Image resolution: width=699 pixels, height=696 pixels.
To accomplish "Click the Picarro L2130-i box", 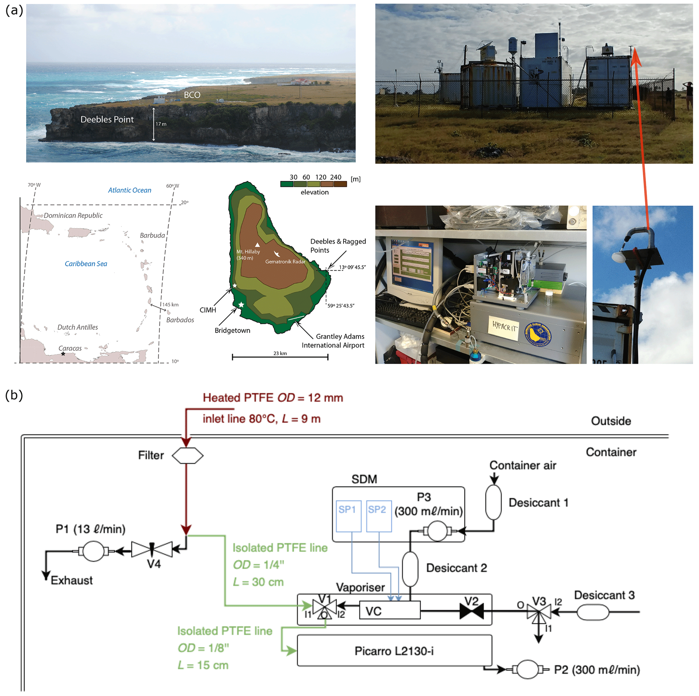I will click(x=394, y=651).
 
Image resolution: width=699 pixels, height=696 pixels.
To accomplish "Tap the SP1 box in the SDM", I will click(x=348, y=516).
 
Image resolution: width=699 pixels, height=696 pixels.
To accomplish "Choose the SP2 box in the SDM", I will click(x=379, y=516).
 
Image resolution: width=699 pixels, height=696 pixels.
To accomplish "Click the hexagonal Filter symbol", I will click(x=187, y=455).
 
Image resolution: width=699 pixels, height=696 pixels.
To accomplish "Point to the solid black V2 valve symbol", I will click(x=471, y=612).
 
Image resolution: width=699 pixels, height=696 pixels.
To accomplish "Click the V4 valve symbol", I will click(x=152, y=549).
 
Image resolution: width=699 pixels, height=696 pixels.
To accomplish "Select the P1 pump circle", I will click(x=93, y=551).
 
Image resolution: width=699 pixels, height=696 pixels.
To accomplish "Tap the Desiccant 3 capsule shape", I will click(x=592, y=612).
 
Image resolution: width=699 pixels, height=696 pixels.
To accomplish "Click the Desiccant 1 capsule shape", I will click(x=493, y=502).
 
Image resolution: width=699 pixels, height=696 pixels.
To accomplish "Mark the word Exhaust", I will click(x=72, y=580).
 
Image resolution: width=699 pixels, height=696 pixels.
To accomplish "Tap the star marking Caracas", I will click(x=63, y=354).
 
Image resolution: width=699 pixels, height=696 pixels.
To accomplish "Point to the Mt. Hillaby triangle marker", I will click(x=257, y=245).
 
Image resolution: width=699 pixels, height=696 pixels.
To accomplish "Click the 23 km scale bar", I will click(x=280, y=357).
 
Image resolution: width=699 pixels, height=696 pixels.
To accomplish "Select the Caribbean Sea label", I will click(x=86, y=264).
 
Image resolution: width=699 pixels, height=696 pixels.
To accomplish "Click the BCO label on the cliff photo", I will click(x=192, y=95).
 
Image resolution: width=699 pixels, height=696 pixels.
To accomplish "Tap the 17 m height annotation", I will click(x=161, y=124).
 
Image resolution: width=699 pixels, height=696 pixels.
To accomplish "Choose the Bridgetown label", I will click(x=232, y=330).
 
